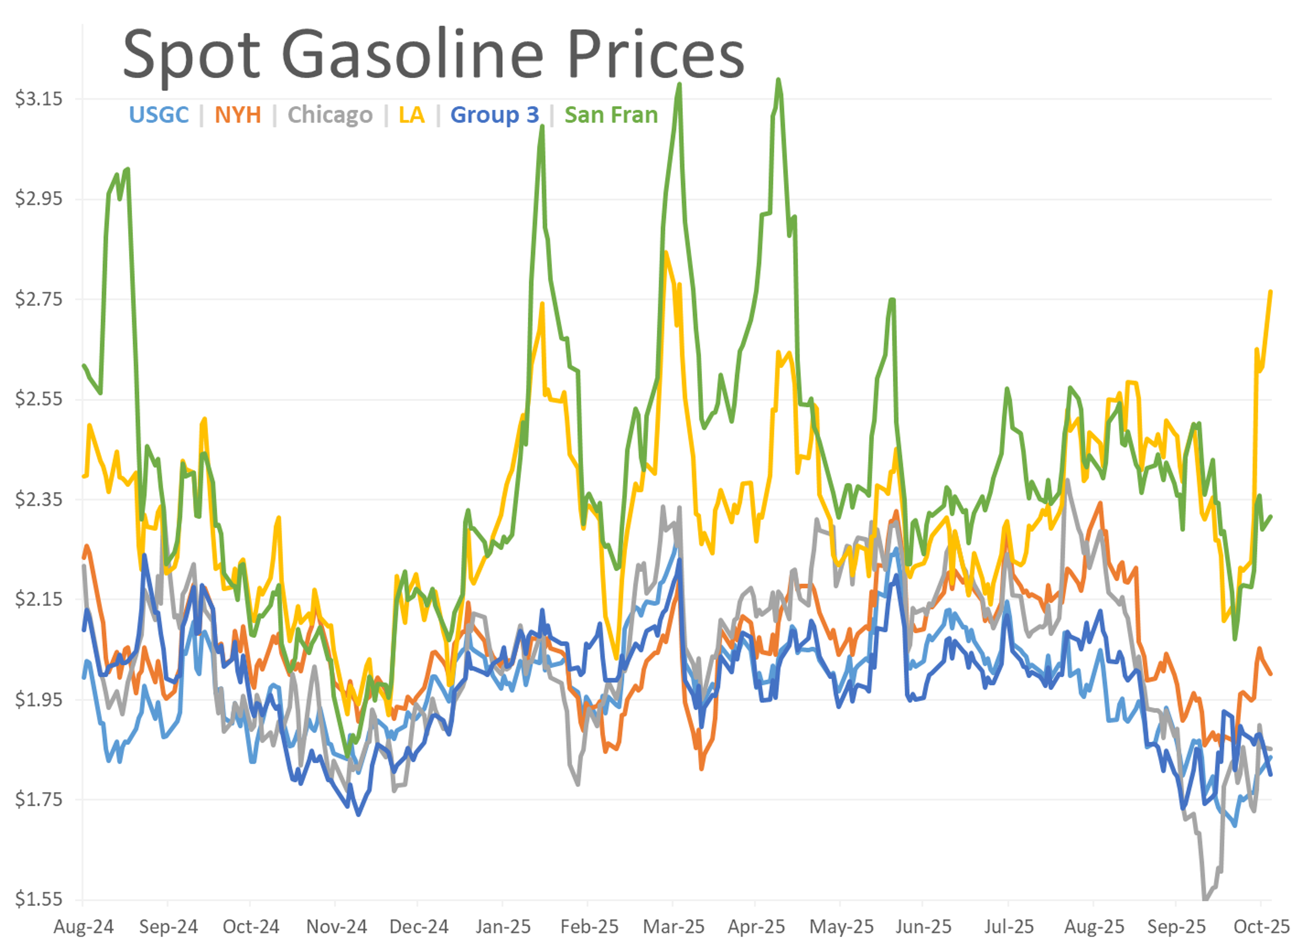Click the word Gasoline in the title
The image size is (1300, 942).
click(413, 55)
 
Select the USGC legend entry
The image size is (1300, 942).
click(159, 115)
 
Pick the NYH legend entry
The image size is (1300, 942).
click(238, 115)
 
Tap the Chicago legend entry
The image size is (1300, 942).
click(330, 115)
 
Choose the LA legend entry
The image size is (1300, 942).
click(412, 115)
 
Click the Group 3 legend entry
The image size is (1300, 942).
click(495, 115)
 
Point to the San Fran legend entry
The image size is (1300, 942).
click(611, 115)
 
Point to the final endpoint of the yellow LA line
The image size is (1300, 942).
click(1271, 292)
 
